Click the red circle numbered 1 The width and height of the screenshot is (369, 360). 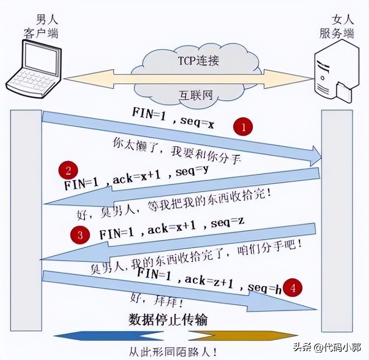(243, 127)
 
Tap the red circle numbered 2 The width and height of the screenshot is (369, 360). (68, 171)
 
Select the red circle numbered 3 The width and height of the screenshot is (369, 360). (80, 235)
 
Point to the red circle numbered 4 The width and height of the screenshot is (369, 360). (292, 288)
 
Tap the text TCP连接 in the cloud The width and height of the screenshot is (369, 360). (198, 61)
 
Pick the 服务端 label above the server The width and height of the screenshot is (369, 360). (337, 33)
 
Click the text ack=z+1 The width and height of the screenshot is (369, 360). (208, 282)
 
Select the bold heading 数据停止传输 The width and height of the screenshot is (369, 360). (168, 319)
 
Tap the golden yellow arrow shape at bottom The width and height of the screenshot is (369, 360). (241, 335)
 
